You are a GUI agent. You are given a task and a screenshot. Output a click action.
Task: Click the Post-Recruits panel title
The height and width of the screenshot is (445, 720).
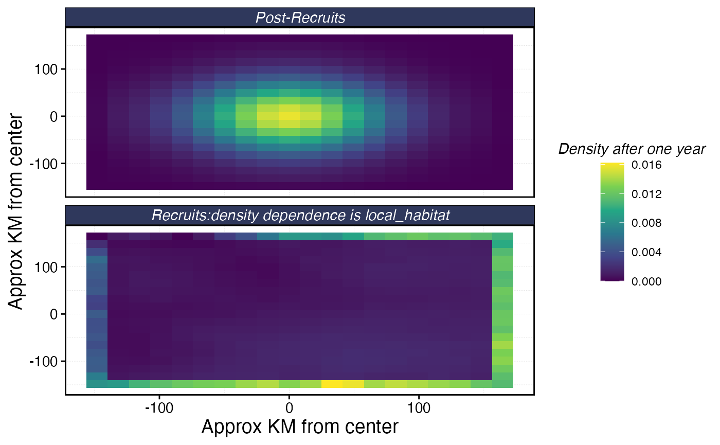click(x=300, y=17)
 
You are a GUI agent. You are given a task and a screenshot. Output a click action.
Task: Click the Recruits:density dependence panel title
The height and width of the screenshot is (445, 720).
click(x=300, y=216)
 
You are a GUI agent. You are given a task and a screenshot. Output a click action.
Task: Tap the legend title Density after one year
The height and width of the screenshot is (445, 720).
click(x=632, y=149)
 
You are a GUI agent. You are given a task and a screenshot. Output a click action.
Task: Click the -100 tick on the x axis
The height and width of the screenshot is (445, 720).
click(x=158, y=408)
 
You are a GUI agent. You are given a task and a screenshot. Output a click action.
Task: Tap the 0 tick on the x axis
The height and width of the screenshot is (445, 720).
click(x=289, y=408)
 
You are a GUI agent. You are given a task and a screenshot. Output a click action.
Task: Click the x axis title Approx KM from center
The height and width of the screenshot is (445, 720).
click(x=300, y=427)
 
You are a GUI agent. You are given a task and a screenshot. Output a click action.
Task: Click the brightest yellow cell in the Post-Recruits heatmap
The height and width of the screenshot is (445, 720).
click(x=289, y=116)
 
